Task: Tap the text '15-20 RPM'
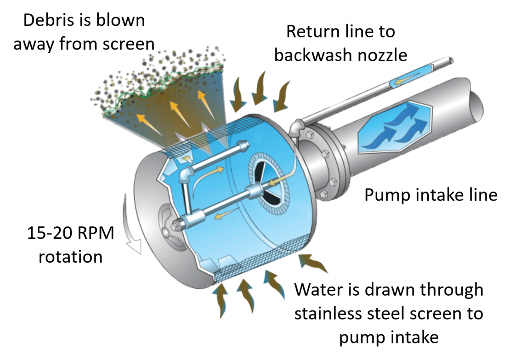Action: (x=69, y=234)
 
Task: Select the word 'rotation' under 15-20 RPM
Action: (x=70, y=256)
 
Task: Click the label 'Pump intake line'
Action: (x=431, y=195)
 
